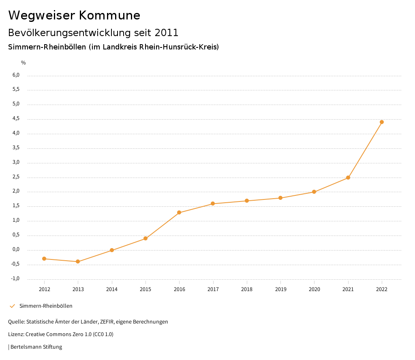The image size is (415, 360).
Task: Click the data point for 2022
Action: point(382,122)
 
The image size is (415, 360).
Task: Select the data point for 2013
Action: point(78,261)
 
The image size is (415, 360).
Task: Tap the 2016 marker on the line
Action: point(179,212)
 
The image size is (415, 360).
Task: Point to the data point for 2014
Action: point(112,250)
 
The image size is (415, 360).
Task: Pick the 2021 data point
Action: point(348,178)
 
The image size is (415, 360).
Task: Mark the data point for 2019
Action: point(280,198)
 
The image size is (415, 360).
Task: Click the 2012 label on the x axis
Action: point(44,289)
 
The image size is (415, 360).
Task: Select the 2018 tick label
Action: point(247,289)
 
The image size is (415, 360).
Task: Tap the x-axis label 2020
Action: point(314,289)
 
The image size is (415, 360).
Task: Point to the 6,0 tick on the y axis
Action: point(16,75)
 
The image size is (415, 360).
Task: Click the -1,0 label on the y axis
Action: point(15,279)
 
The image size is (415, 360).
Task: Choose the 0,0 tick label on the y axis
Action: point(16,249)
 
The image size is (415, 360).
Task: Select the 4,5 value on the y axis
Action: point(16,118)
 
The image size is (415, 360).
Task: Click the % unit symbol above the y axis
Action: point(24,63)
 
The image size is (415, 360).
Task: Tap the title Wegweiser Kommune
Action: point(74,15)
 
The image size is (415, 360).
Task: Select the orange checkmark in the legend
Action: point(12,306)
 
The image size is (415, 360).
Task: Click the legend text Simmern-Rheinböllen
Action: point(46,306)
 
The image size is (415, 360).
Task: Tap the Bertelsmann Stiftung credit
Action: point(36,347)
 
